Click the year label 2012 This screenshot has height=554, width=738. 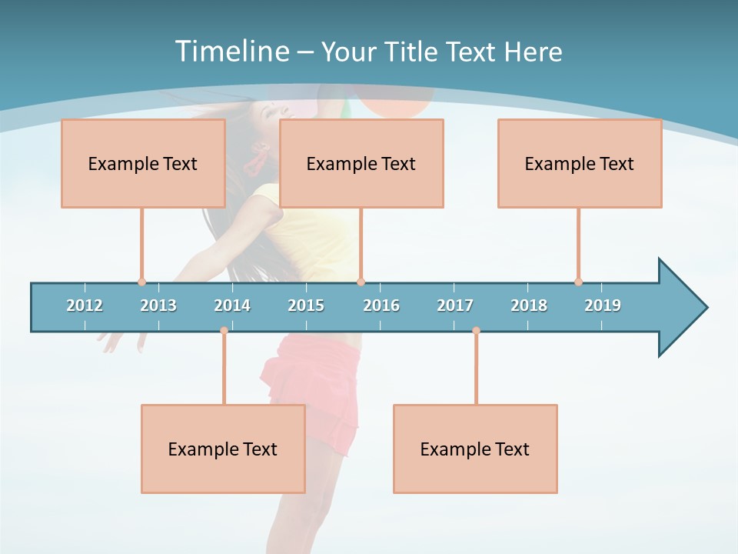85,305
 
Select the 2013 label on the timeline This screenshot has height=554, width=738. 158,305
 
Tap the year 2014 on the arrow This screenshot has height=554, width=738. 232,305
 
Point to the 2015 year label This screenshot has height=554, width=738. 306,305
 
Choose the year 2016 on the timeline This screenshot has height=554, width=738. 381,305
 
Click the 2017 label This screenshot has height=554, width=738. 455,305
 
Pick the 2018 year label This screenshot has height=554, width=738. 529,305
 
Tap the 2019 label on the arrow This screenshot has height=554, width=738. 603,305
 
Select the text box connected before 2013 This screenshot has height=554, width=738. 143,163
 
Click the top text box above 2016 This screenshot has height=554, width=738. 361,163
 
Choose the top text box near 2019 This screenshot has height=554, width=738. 580,163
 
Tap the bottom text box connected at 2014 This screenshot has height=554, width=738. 223,449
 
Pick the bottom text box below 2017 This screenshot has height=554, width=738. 475,449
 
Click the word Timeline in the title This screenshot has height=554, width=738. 231,52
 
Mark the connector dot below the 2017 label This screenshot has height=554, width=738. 476,331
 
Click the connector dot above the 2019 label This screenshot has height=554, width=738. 578,282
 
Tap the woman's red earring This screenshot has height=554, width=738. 254,161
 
